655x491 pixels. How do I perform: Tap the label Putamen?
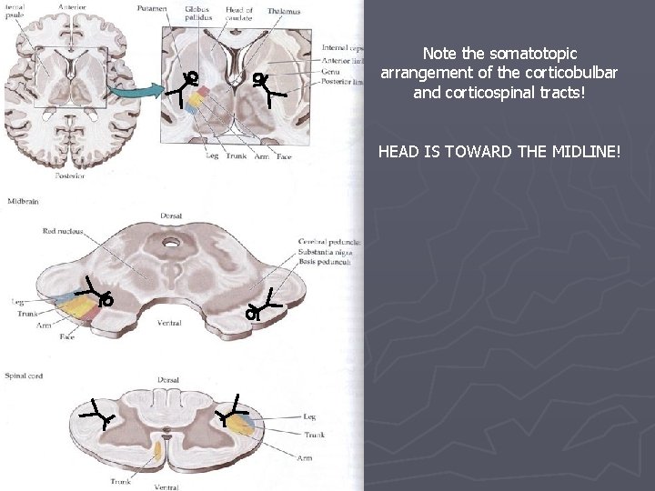[152, 9]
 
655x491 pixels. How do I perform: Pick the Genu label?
[332, 69]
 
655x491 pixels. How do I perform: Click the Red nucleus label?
[63, 231]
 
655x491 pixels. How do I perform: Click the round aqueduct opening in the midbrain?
[170, 243]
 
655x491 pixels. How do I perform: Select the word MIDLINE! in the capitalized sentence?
[579, 150]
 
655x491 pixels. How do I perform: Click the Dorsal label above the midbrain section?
[170, 216]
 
